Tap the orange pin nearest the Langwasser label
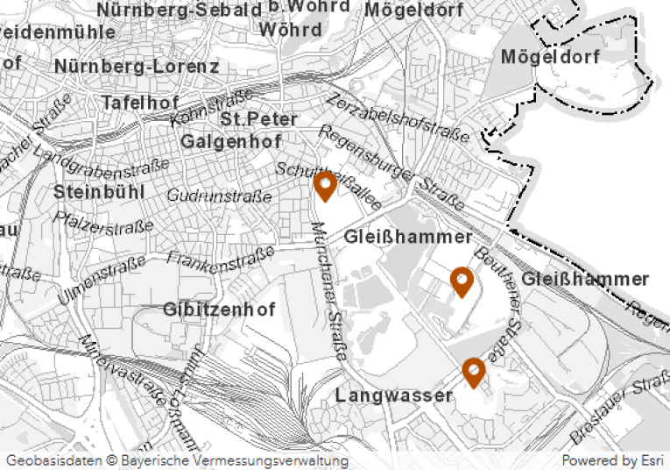[x=473, y=372]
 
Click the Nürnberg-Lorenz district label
[x=136, y=67]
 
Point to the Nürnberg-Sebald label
[x=180, y=11]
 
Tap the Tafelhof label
[x=140, y=103]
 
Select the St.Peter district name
[x=259, y=118]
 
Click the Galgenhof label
[x=230, y=141]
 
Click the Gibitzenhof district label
[x=219, y=310]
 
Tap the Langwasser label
[x=393, y=395]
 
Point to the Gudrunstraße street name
[x=219, y=196]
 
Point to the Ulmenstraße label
[x=102, y=281]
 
